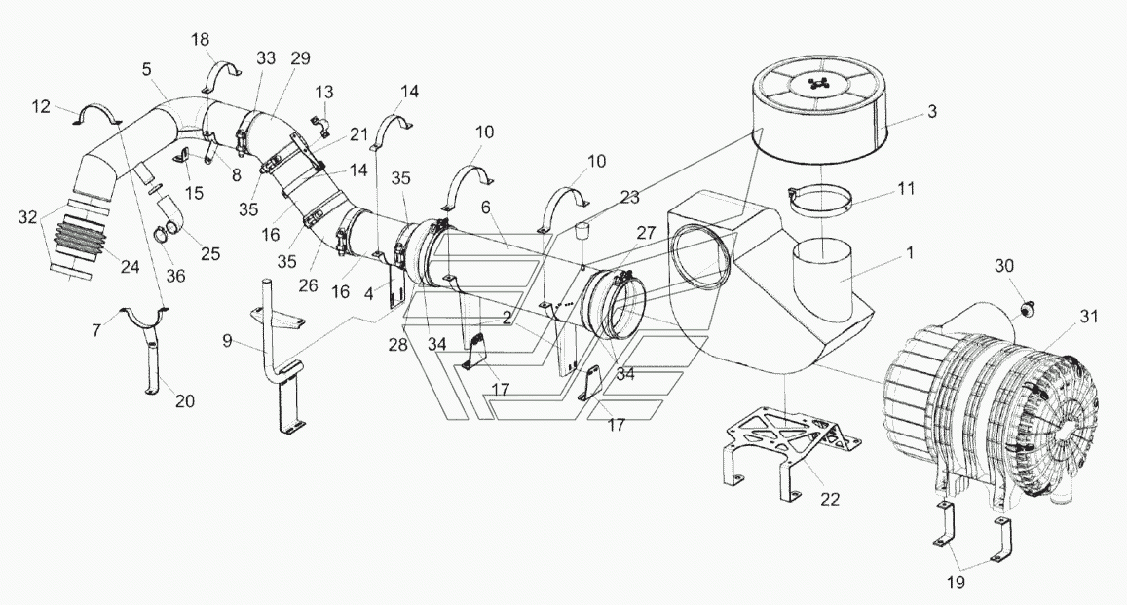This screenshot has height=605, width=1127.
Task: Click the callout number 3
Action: click(931, 112)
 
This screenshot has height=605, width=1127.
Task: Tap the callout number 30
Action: click(1004, 265)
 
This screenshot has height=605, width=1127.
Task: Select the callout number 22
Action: click(830, 499)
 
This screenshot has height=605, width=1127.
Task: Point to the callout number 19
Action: click(956, 583)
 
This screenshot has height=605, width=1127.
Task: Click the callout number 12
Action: click(41, 106)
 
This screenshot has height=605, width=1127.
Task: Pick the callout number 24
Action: click(130, 267)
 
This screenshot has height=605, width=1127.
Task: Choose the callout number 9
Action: click(227, 341)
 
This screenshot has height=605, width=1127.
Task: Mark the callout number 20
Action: click(185, 401)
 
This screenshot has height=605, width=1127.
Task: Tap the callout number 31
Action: click(1089, 316)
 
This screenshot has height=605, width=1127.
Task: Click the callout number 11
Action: click(906, 188)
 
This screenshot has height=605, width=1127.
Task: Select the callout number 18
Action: click(200, 39)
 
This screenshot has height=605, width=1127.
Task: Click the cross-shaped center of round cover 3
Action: click(818, 84)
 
